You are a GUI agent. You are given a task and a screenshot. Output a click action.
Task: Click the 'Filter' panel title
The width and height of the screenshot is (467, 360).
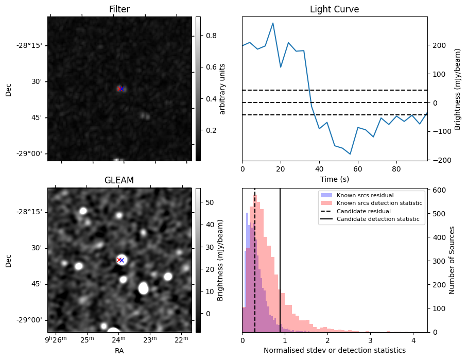point(119,9)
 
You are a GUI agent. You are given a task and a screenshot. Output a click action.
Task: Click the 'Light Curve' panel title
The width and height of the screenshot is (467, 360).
point(334,9)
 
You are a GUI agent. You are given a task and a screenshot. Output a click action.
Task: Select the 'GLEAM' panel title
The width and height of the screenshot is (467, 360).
point(119,180)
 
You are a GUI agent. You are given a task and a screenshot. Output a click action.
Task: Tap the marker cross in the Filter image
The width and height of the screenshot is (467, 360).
point(121,89)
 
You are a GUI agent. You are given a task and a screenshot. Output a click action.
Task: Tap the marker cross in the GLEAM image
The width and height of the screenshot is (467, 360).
point(121,260)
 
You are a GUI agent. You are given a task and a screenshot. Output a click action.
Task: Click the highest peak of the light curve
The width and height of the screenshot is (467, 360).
point(272,23)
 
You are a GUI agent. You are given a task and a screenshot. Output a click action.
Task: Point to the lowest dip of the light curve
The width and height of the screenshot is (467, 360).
point(350,154)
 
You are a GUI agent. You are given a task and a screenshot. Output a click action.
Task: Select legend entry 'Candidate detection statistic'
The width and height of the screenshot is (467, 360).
point(377,219)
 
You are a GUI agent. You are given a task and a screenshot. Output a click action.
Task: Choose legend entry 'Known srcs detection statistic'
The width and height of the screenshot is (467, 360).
point(379,203)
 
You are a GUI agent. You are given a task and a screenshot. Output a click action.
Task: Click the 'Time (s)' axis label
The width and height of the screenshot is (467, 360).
point(334,178)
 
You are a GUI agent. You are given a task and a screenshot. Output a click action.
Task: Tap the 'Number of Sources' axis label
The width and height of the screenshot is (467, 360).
point(452,261)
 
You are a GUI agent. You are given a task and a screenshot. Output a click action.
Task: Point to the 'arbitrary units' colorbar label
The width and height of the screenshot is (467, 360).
point(222,89)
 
